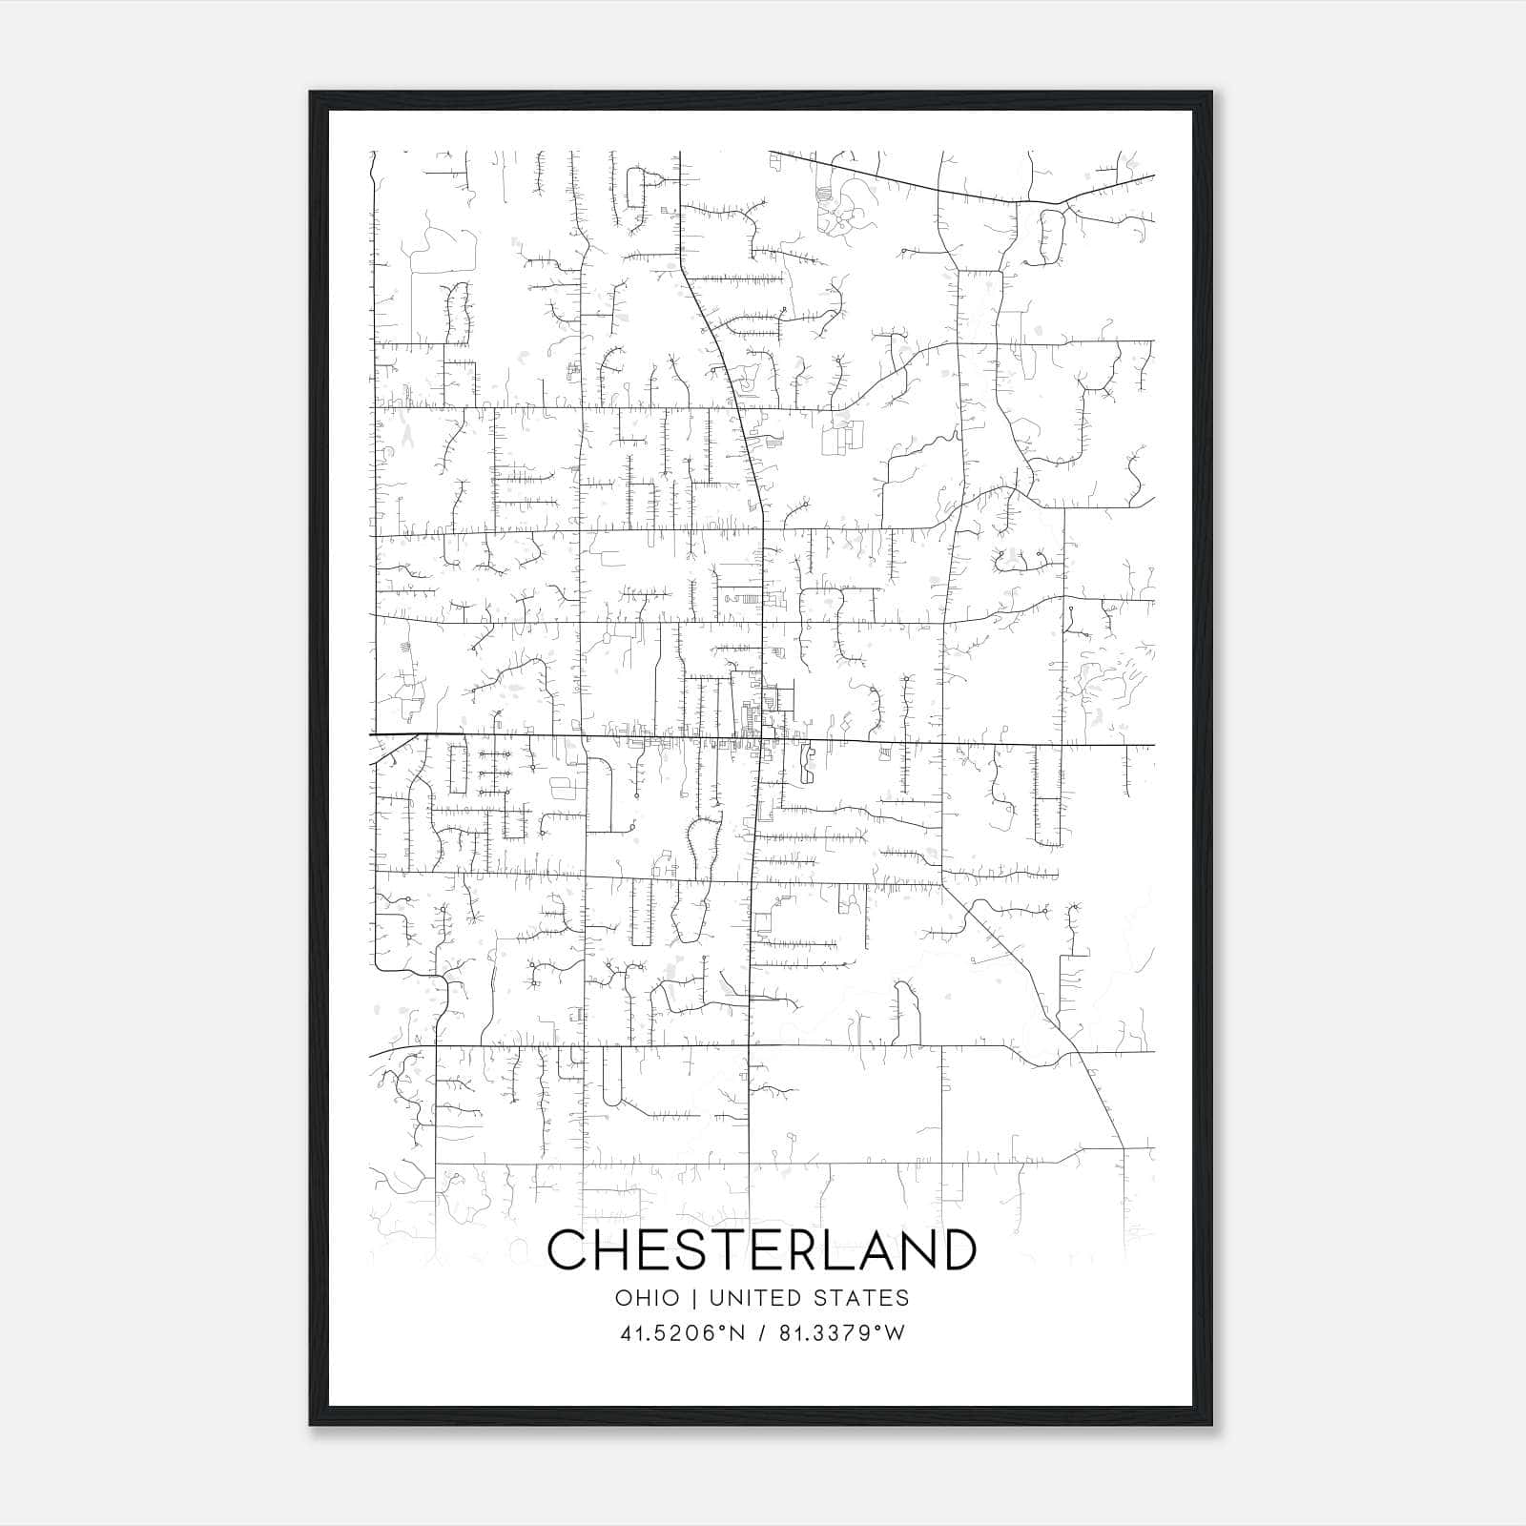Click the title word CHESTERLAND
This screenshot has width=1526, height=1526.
point(762,1249)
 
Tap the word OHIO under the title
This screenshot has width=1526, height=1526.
point(648,1297)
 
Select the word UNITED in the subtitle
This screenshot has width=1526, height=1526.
point(754,1297)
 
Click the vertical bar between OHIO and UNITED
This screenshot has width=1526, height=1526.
point(693,1297)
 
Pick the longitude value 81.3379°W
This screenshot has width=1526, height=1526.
point(842,1333)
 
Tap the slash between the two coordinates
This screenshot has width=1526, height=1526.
point(762,1333)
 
